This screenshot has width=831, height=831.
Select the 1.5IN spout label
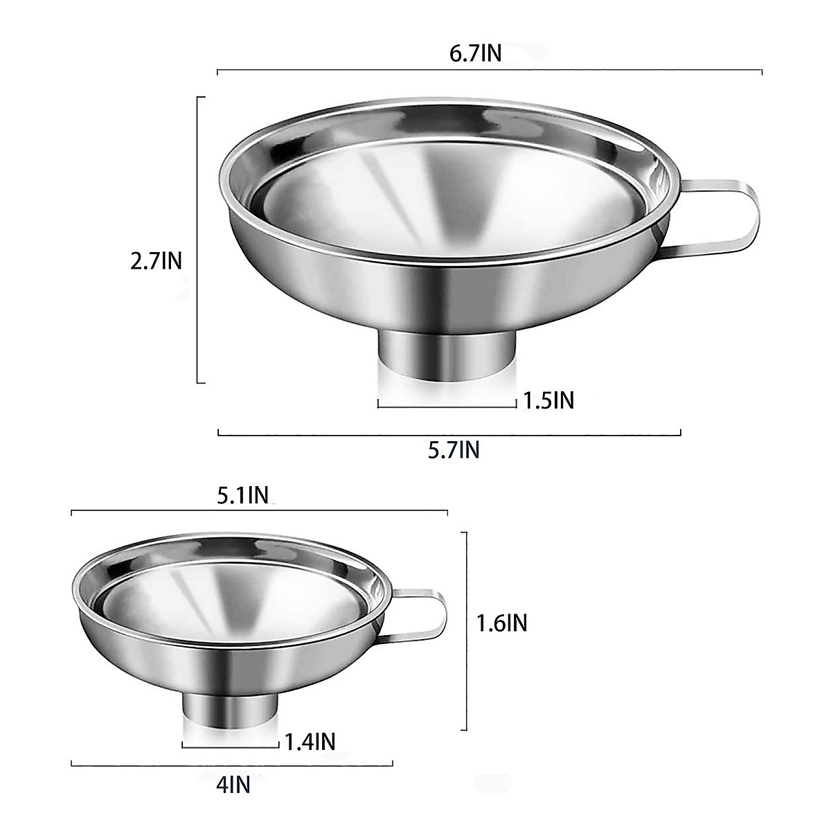549,400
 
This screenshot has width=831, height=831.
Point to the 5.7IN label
454,450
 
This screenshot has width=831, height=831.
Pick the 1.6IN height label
502,623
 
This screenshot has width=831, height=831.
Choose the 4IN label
233,785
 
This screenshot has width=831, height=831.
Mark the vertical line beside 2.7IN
199,239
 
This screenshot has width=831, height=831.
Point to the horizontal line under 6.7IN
490,71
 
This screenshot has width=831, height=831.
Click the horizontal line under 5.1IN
260,512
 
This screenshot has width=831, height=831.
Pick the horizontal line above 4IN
232,765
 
